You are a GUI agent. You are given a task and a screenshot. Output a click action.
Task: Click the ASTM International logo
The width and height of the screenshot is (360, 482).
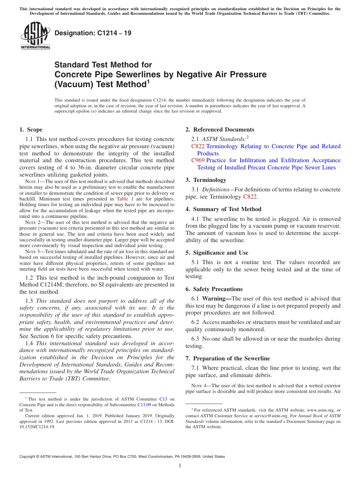pos(35,36)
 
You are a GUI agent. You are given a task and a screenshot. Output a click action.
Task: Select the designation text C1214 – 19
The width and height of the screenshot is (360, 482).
pos(93,33)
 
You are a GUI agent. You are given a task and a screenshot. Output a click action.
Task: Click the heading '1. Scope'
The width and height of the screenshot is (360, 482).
pos(31,130)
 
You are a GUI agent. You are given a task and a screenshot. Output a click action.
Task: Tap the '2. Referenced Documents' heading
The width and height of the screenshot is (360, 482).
pos(220,130)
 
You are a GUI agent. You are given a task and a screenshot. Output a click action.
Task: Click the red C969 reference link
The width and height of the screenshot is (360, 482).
pos(198,161)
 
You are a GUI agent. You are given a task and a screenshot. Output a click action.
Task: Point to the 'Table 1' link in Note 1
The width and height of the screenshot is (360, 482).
pos(125,199)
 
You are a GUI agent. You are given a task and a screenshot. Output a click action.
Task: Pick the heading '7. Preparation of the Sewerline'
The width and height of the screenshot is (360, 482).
pos(228,358)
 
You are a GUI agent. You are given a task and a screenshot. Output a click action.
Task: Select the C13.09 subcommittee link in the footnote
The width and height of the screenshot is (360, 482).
pos(143,404)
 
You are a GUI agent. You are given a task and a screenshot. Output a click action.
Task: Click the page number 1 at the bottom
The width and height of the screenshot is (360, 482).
pos(180,465)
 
